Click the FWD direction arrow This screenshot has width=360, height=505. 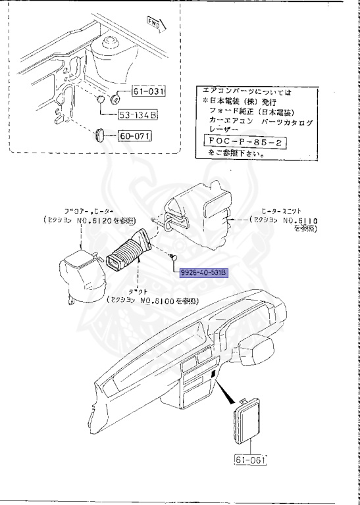click(158, 26)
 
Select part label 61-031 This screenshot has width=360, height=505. click(148, 92)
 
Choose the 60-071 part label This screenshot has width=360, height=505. click(134, 137)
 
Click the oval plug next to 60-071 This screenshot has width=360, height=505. click(100, 135)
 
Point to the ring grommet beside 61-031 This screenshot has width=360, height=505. click(115, 99)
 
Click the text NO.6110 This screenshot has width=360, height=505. click(301, 220)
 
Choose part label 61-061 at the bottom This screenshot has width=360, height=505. click(250, 460)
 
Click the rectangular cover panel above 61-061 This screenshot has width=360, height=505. click(249, 425)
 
